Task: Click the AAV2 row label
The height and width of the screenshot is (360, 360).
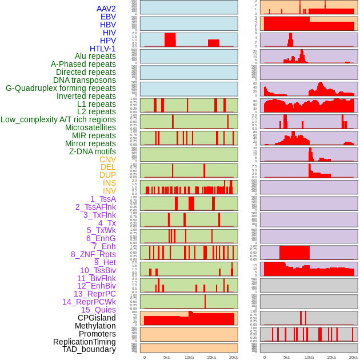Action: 106,9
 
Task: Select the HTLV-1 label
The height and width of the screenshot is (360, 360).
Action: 102,49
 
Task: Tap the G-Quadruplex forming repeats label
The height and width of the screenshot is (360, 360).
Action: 61,88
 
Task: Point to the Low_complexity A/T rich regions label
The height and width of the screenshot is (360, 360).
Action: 58,119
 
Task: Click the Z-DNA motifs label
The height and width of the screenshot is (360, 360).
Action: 93,151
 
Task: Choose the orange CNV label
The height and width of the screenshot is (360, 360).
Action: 107,159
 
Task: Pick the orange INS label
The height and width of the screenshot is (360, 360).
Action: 109,183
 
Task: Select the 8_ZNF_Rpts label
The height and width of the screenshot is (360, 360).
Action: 93,254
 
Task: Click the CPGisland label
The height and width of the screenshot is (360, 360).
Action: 97,318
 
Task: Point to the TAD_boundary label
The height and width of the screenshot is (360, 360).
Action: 89,349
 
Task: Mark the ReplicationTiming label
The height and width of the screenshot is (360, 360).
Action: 85,342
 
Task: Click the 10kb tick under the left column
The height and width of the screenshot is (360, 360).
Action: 189,357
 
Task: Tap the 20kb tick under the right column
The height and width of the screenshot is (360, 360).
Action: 354,357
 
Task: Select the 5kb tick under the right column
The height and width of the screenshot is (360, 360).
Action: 287,357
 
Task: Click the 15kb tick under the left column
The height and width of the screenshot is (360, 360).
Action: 211,357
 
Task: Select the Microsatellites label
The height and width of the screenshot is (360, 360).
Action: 90,127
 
